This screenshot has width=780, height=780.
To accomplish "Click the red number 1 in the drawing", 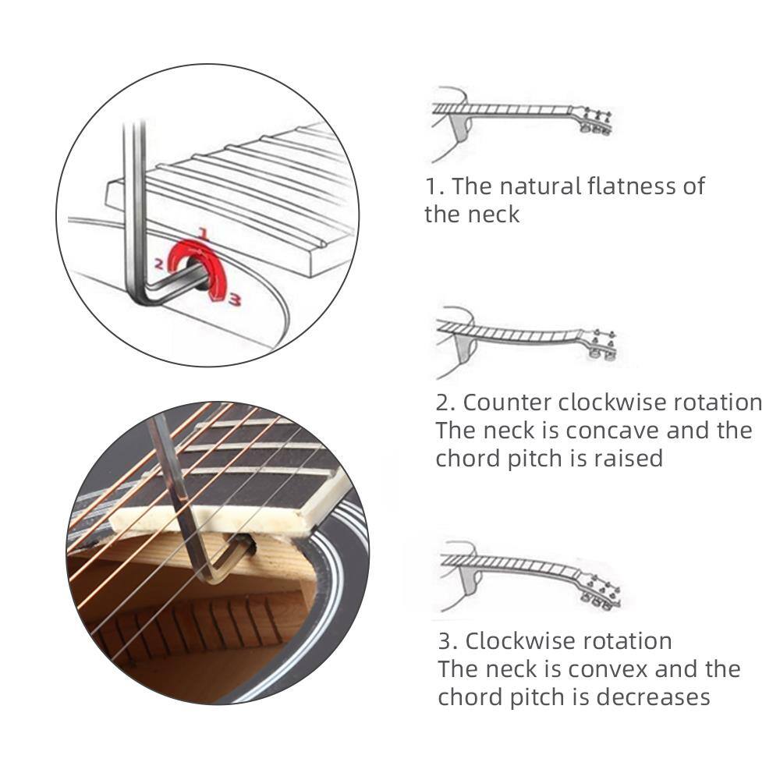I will tap(202, 232).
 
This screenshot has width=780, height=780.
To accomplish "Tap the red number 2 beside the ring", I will tap(158, 264).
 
